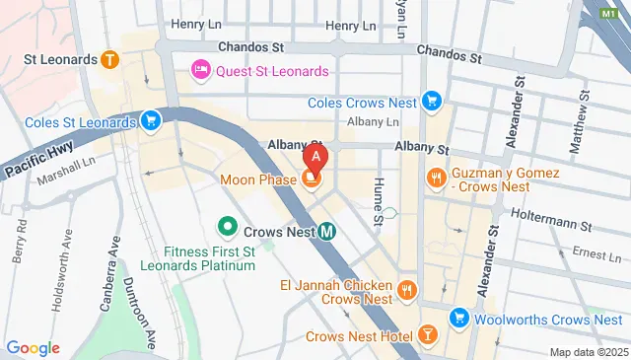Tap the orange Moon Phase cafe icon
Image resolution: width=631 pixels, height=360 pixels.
tap(312, 179)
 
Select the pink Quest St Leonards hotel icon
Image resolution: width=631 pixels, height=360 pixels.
tap(198, 71)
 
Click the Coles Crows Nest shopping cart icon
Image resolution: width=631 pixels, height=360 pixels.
tap(430, 101)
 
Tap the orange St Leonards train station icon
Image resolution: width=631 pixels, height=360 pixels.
tap(108, 59)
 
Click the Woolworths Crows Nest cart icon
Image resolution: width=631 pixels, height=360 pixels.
tap(458, 318)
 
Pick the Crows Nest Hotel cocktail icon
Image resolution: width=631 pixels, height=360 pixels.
tap(428, 335)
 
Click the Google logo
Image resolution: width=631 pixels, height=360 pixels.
tap(34, 348)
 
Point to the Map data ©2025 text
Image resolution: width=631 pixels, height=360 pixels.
tap(588, 352)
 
